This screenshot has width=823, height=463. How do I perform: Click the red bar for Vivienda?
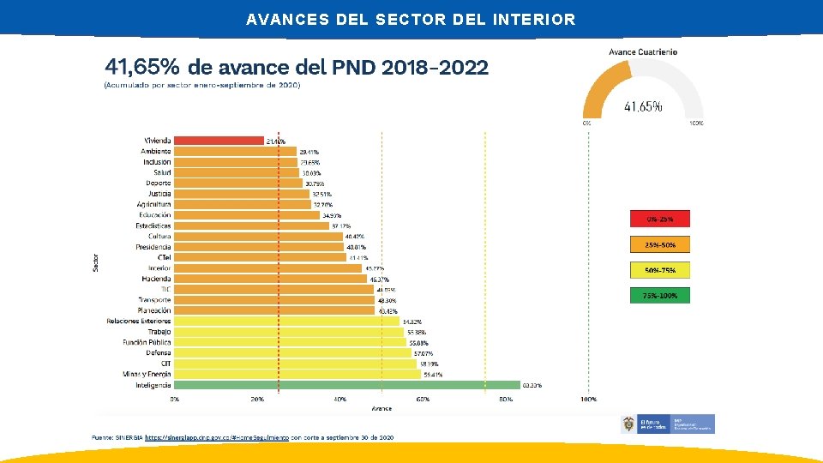[219, 141]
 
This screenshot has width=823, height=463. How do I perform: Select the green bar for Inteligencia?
[346, 385]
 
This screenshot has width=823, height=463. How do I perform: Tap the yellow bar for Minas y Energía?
[297, 374]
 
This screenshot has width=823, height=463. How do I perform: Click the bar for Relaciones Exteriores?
[286, 322]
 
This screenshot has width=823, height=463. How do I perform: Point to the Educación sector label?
[154, 215]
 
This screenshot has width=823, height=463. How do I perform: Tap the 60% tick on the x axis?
[423, 400]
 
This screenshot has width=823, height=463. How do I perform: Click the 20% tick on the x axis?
[257, 400]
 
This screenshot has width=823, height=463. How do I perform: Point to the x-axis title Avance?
[381, 408]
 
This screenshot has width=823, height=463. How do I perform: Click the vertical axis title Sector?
[95, 262]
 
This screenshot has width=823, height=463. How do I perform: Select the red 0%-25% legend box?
[659, 219]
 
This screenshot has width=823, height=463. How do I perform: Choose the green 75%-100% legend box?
[659, 296]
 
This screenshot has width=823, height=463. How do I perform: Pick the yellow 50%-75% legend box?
[659, 270]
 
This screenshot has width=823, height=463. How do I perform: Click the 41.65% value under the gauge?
[642, 107]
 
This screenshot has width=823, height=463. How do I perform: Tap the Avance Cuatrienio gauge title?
[643, 51]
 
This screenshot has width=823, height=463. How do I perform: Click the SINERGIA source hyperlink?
[217, 437]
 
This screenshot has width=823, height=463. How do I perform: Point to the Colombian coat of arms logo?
[629, 424]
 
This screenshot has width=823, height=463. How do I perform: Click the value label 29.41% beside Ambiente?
[309, 152]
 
